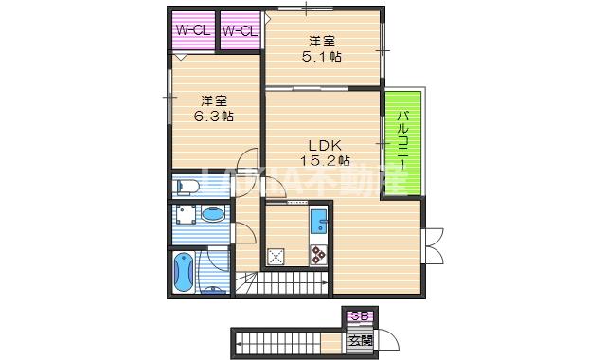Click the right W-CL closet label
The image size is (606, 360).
(x=241, y=31)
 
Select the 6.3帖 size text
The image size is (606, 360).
(x=215, y=116)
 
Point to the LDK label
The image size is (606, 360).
(x=323, y=145)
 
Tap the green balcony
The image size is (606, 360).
(x=402, y=142)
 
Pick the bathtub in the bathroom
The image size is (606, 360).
(x=184, y=271)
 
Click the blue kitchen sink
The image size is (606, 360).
(x=319, y=224)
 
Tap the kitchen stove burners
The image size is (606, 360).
(x=316, y=254)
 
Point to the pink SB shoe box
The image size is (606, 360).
(x=360, y=316)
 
